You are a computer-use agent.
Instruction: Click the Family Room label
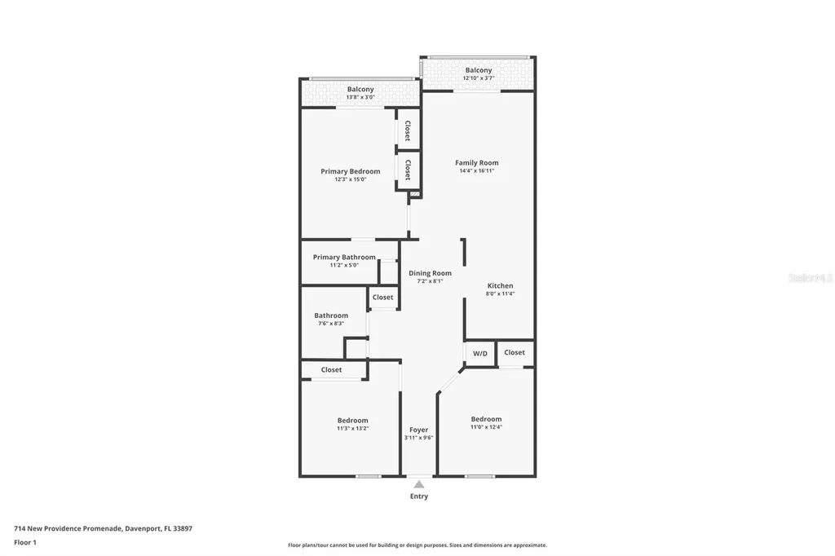click(x=476, y=163)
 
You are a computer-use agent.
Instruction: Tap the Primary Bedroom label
click(x=350, y=171)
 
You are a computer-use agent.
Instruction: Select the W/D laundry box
click(x=480, y=353)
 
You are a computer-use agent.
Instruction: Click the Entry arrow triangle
click(x=418, y=484)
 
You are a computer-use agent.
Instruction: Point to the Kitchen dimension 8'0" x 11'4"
click(x=500, y=294)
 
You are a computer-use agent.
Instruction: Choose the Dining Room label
click(x=430, y=273)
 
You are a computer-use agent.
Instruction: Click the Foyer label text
click(x=418, y=430)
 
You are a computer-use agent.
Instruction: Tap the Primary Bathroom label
click(x=344, y=257)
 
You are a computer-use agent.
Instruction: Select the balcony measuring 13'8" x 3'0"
click(x=360, y=93)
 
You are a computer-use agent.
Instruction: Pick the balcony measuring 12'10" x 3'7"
click(x=479, y=74)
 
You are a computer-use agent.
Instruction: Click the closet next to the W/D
click(x=515, y=352)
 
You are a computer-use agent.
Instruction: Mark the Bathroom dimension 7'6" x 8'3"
click(x=331, y=324)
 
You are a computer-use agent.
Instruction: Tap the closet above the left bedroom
click(x=331, y=370)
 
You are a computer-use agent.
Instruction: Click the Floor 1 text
click(x=25, y=541)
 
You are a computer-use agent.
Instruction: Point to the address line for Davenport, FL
click(x=103, y=528)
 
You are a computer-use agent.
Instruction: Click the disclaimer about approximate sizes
click(x=417, y=545)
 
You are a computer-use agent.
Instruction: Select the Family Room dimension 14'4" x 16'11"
click(x=476, y=171)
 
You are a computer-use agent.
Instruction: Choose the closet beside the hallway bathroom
click(x=382, y=298)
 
